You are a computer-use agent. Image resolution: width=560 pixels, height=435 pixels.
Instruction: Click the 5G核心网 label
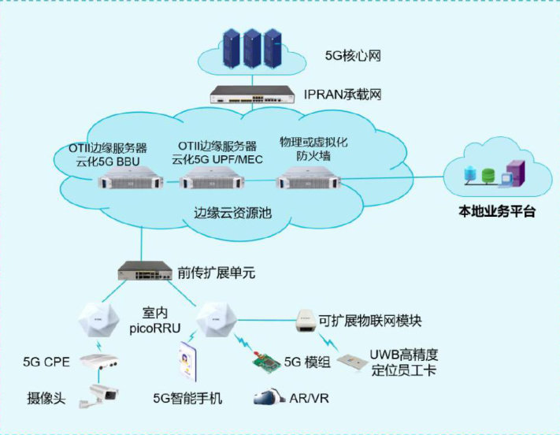pyautogui.click(x=354, y=56)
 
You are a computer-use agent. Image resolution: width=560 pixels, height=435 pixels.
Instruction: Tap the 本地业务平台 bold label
pyautogui.click(x=497, y=211)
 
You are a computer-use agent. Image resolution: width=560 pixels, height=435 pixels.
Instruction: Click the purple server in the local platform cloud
pyautogui.click(x=516, y=175)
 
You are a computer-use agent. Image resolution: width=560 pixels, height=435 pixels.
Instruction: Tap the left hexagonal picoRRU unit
pyautogui.click(x=98, y=320)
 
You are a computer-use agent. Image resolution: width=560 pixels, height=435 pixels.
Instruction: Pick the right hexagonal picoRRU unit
pyautogui.click(x=213, y=320)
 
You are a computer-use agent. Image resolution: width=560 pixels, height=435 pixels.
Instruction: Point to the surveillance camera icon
pyautogui.click(x=102, y=396)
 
